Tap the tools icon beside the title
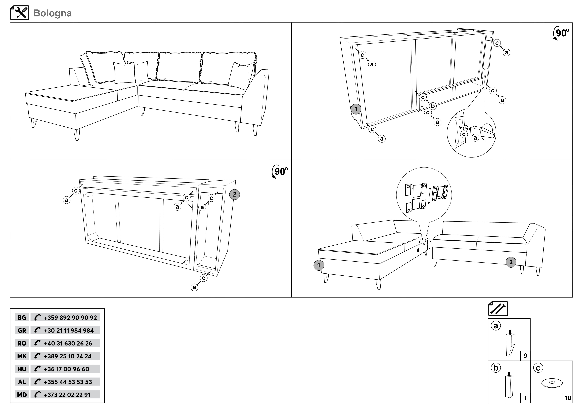[20, 13]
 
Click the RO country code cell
[22, 343]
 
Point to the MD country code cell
[22, 395]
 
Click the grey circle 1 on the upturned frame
[356, 109]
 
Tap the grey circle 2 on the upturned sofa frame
[234, 194]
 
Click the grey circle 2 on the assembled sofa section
[511, 262]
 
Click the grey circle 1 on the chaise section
[319, 265]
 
